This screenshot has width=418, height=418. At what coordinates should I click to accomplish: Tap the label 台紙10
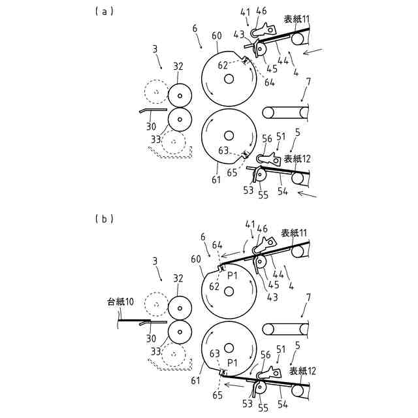(121, 302)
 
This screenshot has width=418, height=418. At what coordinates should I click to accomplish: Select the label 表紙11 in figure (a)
(295, 20)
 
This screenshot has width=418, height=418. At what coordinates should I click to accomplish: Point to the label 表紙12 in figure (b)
(302, 371)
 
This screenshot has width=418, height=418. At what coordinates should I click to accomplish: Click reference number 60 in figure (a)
(217, 35)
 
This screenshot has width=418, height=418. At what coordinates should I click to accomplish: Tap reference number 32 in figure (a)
(178, 66)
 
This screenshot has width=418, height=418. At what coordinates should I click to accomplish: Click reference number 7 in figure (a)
(308, 81)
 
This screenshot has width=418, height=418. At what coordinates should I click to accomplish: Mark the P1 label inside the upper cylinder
(232, 276)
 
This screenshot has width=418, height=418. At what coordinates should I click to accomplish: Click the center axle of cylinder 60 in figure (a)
(228, 79)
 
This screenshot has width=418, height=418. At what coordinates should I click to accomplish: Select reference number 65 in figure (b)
(217, 395)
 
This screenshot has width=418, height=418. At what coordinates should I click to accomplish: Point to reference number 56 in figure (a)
(267, 138)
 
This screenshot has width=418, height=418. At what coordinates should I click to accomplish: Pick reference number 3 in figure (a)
(154, 49)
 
